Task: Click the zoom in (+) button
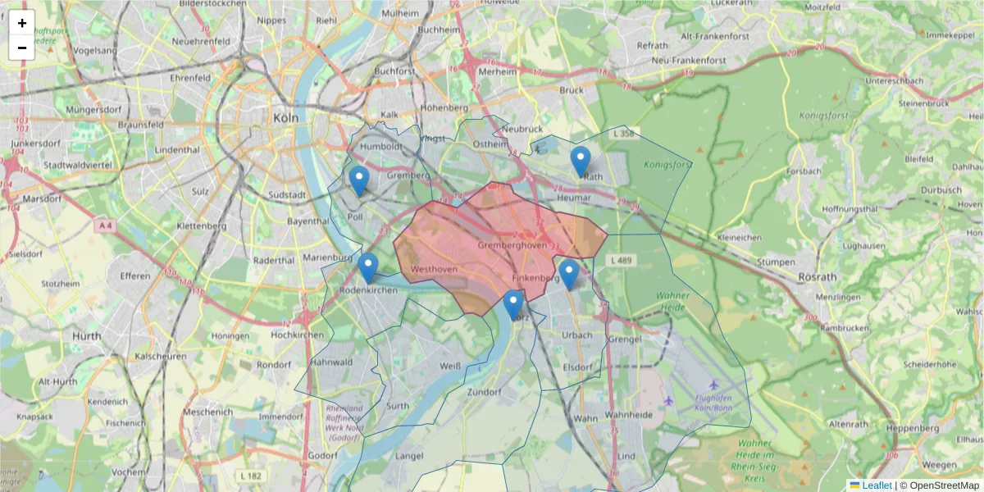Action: (22, 24)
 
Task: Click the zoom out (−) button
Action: (22, 48)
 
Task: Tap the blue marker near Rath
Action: (581, 162)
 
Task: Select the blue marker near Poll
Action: (358, 180)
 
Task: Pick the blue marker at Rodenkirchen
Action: (368, 268)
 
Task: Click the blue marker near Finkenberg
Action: (568, 274)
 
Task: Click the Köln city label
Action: (286, 118)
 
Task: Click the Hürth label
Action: (86, 336)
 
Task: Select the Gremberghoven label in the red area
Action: (512, 245)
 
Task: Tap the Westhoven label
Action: (434, 269)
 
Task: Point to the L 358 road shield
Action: (624, 133)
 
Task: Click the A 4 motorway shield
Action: (104, 225)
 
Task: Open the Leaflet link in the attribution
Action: (876, 485)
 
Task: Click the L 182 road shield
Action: (252, 475)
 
